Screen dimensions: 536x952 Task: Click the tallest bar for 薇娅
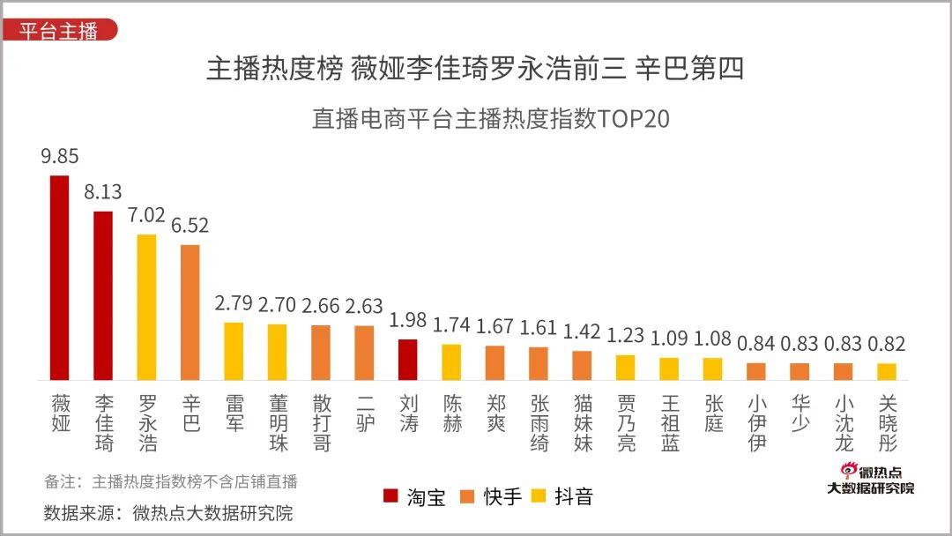coord(60,278)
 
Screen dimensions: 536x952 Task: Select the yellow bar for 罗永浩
coord(146,307)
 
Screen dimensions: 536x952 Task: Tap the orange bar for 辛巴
coord(190,312)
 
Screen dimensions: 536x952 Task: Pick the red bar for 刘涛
coord(408,360)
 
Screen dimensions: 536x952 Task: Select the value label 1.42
coord(582,331)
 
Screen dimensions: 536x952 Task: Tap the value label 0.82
coord(887,344)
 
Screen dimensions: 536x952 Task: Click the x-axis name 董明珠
coord(278,423)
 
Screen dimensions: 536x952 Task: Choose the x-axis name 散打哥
coord(322,423)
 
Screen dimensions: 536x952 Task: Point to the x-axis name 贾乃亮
coord(626,423)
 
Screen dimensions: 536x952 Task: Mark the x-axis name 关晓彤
coord(888,423)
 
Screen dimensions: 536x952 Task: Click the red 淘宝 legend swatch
coord(390,496)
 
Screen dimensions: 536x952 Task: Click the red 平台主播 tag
coord(58,29)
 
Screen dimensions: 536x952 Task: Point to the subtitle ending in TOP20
coord(490,119)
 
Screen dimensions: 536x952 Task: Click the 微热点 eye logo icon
coord(848,472)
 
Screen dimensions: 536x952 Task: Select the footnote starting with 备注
coord(171,481)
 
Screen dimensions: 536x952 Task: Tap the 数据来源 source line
coord(167,512)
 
